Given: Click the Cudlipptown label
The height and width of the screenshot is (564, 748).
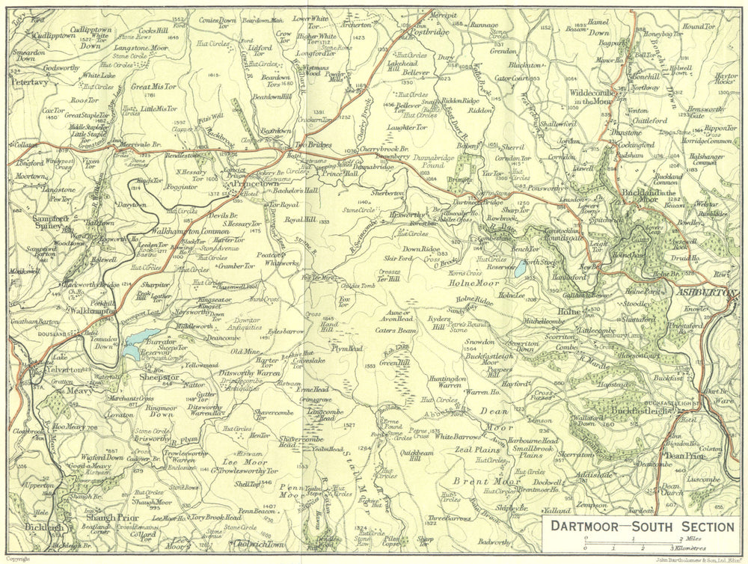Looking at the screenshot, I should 43,34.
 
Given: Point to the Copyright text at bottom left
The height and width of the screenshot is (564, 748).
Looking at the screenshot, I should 22,558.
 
